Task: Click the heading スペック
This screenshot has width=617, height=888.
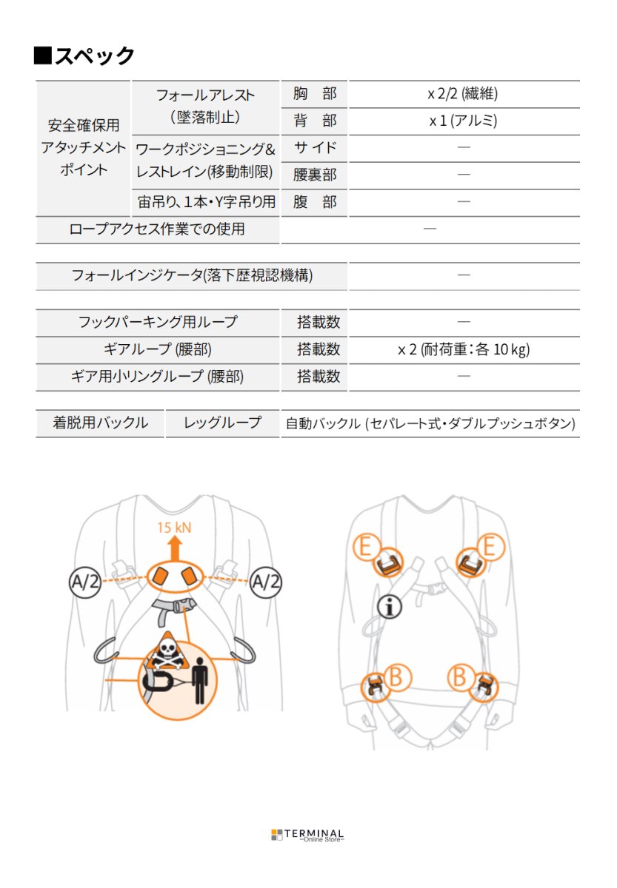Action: click(85, 55)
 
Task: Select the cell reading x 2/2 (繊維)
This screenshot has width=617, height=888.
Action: click(463, 94)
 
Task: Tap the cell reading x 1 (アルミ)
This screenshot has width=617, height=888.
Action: click(463, 121)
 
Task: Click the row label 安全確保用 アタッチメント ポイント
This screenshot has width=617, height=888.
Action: click(83, 147)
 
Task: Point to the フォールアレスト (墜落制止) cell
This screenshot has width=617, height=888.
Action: click(205, 107)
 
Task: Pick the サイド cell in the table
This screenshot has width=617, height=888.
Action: click(315, 147)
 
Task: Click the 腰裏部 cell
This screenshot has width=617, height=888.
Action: click(315, 175)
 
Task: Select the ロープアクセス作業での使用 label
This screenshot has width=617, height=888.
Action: click(156, 229)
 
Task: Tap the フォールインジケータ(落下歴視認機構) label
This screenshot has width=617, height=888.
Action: click(191, 276)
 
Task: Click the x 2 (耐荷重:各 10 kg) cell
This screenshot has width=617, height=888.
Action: click(464, 349)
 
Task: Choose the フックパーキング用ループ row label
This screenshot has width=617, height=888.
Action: click(158, 322)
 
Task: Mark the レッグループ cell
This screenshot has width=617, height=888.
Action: click(222, 423)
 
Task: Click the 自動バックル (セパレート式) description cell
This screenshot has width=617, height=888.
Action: click(430, 424)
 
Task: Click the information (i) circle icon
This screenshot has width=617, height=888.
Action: click(389, 606)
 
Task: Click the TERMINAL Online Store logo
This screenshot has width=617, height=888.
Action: click(308, 835)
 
